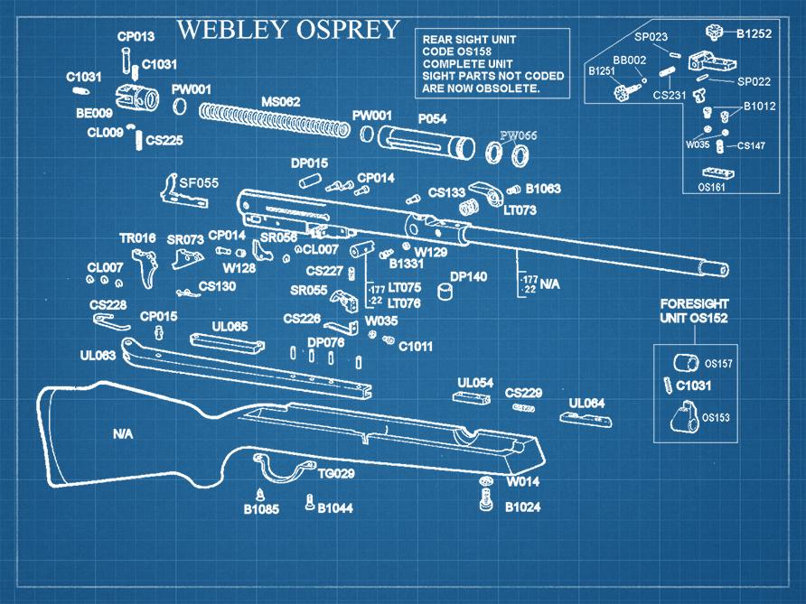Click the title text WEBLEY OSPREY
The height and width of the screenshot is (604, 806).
[287, 29]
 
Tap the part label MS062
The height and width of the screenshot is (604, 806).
[280, 101]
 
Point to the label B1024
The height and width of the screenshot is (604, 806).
[522, 507]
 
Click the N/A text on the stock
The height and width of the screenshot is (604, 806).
[123, 434]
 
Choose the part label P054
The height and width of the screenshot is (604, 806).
[432, 119]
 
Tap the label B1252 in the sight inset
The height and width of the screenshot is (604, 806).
[754, 34]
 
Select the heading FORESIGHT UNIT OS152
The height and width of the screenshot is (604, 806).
[694, 311]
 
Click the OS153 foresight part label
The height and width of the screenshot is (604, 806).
[717, 417]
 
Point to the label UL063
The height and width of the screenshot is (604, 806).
[98, 356]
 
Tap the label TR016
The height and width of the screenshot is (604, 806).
[137, 238]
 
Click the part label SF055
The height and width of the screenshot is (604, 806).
[199, 183]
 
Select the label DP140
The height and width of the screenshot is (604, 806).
[468, 276]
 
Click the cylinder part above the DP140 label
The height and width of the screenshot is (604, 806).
[445, 292]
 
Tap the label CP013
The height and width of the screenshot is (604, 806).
[136, 37]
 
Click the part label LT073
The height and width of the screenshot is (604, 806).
[520, 209]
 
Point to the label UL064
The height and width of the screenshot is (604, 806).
[586, 403]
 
